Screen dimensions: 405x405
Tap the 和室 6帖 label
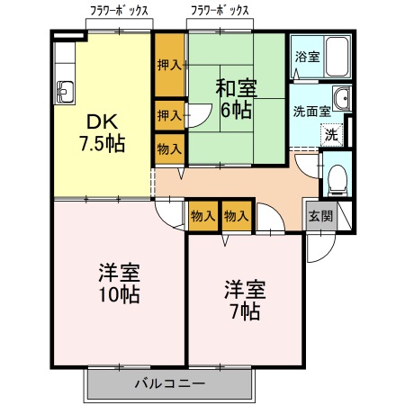click(237, 99)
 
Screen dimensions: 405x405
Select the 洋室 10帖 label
click(118, 283)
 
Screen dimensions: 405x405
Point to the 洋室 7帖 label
click(244, 301)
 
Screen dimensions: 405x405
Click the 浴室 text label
click(307, 57)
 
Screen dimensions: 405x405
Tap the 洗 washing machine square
click(331, 136)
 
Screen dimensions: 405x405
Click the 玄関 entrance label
click(319, 216)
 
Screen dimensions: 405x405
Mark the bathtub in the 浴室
click(338, 58)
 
